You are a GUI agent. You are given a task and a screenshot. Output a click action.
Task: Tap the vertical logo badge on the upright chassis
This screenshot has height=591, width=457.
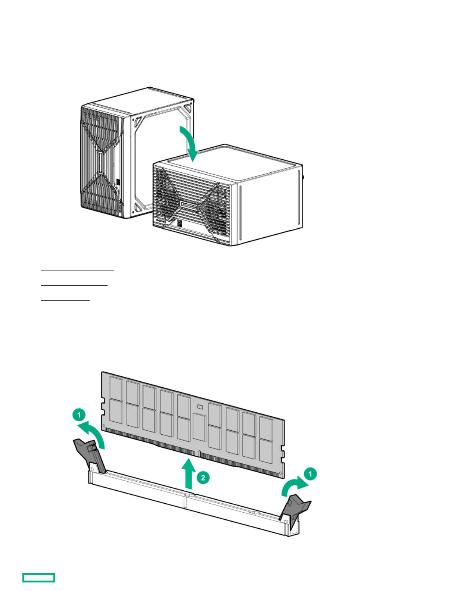point(100,163)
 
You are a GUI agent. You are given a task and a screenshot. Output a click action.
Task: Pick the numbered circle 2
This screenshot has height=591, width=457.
point(203,477)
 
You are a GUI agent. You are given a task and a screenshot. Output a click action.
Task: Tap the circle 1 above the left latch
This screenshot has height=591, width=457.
point(79,415)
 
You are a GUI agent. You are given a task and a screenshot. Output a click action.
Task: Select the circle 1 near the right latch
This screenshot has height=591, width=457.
point(310,474)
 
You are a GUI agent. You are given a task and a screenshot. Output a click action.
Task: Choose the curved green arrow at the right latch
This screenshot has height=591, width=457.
point(294,486)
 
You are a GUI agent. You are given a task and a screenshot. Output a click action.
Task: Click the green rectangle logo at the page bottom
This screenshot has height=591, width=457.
point(39,578)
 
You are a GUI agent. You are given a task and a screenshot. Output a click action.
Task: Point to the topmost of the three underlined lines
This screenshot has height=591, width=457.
point(77,269)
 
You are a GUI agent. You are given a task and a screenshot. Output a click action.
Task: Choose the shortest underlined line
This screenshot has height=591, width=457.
point(65,300)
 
